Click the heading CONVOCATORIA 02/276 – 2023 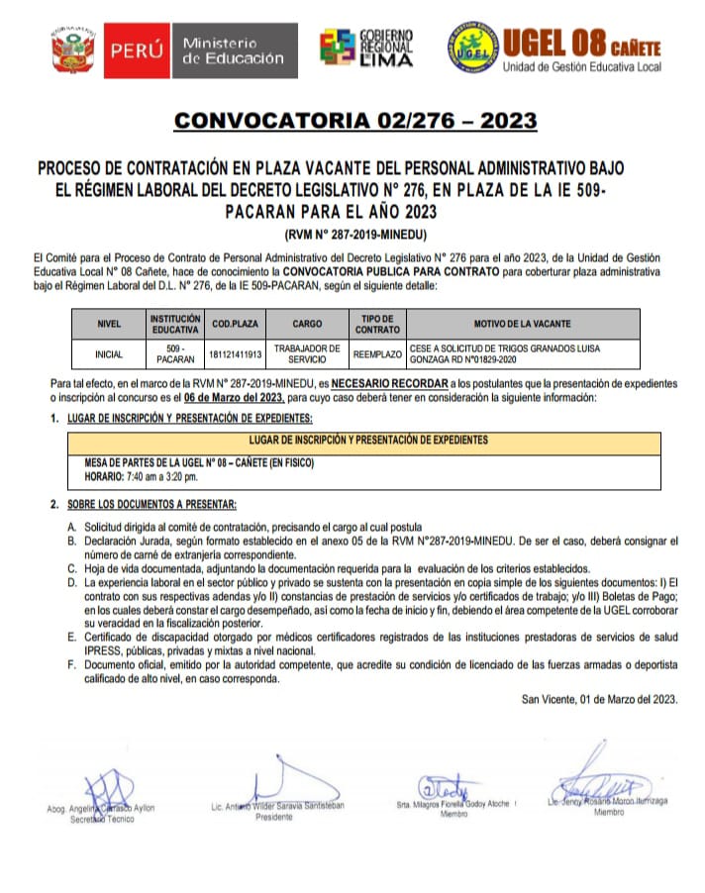tap(355, 121)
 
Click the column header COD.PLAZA tap(235, 324)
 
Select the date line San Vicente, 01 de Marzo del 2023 tap(600, 699)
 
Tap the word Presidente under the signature tap(274, 818)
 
